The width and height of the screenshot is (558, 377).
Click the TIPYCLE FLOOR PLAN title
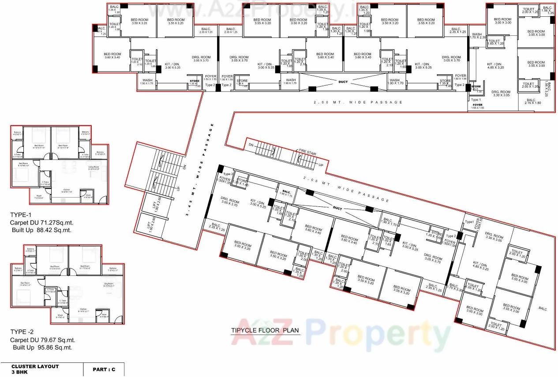265,330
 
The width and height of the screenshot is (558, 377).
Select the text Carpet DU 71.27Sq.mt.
41,223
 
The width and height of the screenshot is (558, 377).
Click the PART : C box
104,369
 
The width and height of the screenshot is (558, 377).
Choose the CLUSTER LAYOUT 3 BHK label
35,369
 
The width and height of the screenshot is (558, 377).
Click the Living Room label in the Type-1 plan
93,168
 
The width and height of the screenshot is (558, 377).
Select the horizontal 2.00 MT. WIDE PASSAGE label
358,103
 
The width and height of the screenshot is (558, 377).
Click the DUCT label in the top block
343,82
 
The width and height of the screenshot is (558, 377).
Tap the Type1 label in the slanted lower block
469,221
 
